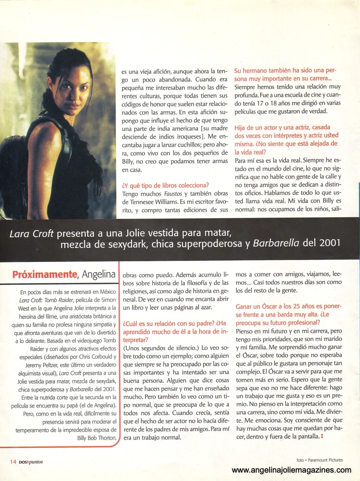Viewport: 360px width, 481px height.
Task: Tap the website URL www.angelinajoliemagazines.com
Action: (x=292, y=470)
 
